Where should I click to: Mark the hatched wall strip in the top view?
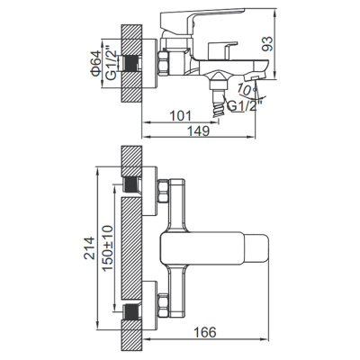point(131,244)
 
